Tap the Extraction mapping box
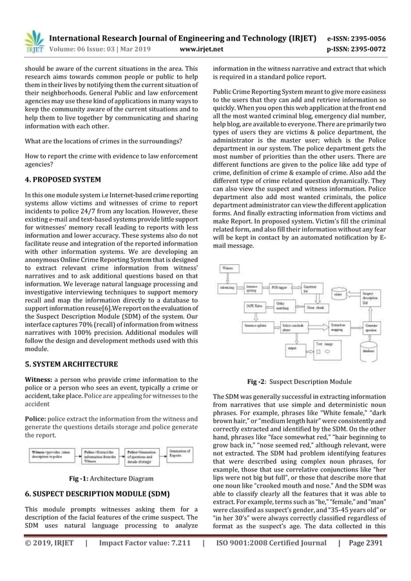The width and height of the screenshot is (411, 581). point(339,327)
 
